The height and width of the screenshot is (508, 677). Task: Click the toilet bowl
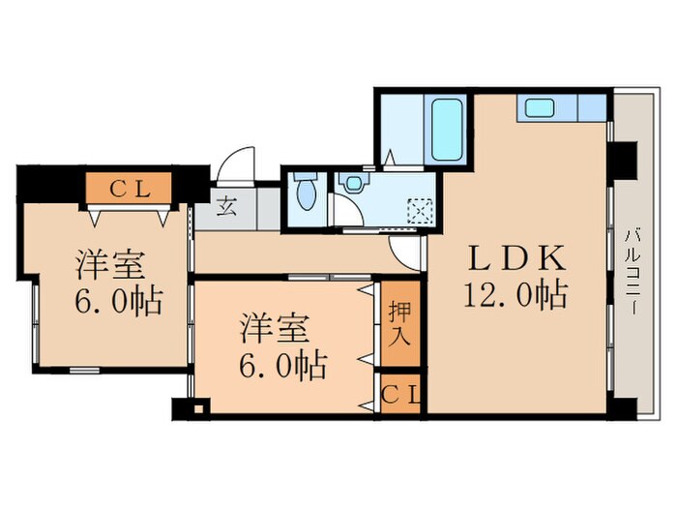coord(306,193)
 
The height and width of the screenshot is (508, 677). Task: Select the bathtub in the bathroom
coord(447,130)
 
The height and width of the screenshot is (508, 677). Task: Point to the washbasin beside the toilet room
coord(352,181)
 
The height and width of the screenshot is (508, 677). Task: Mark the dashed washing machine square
coord(419,208)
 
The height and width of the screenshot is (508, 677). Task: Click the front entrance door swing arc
coord(235,164)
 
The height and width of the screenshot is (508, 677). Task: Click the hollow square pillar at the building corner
coord(198,407)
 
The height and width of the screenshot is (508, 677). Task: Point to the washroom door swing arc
coord(341,213)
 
